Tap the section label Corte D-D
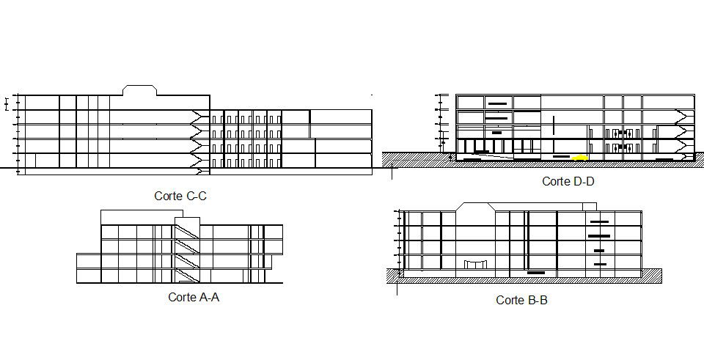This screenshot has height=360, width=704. click(x=568, y=181)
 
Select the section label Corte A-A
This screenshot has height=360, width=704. click(x=194, y=297)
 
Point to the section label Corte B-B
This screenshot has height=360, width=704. click(x=521, y=300)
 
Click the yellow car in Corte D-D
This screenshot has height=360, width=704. click(x=580, y=157)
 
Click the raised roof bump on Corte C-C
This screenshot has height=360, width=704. click(x=139, y=90)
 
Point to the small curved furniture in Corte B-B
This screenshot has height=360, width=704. click(x=474, y=263)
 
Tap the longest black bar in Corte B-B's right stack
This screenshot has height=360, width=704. click(x=599, y=235)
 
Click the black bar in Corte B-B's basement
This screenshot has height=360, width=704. click(x=536, y=273)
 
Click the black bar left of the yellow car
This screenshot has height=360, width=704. click(x=560, y=156)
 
